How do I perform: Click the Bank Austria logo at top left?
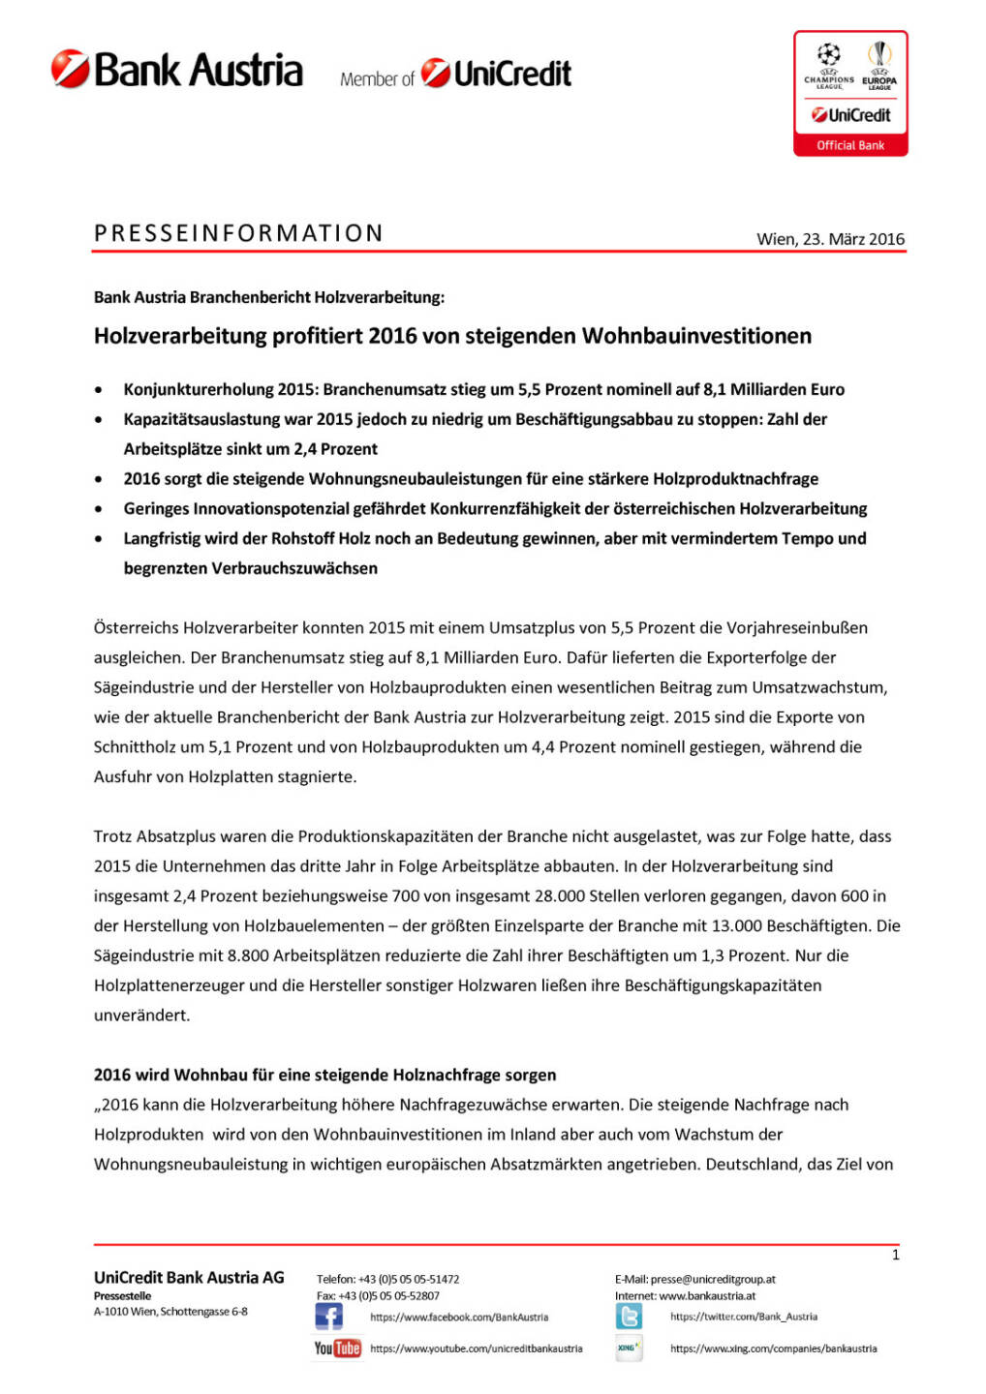(x=177, y=71)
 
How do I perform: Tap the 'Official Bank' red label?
(x=850, y=145)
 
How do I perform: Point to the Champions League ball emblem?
(x=828, y=55)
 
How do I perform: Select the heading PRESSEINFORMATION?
(x=238, y=233)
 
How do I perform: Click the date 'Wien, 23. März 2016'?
(x=830, y=239)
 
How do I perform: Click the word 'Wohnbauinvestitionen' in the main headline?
(x=696, y=336)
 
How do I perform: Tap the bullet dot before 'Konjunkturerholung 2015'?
(x=99, y=390)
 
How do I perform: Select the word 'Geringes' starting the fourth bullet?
(x=156, y=509)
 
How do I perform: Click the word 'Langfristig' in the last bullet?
(x=162, y=538)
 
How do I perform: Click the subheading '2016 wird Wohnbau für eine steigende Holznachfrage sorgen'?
(x=324, y=1075)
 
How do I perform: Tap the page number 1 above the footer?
(x=895, y=1255)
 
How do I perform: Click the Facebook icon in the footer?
(x=328, y=1317)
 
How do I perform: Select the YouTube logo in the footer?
(x=337, y=1348)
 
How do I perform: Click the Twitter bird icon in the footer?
(x=629, y=1317)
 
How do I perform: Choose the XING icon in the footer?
(x=629, y=1348)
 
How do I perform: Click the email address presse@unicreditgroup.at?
(x=713, y=1279)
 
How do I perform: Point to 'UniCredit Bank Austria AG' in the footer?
(x=189, y=1278)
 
